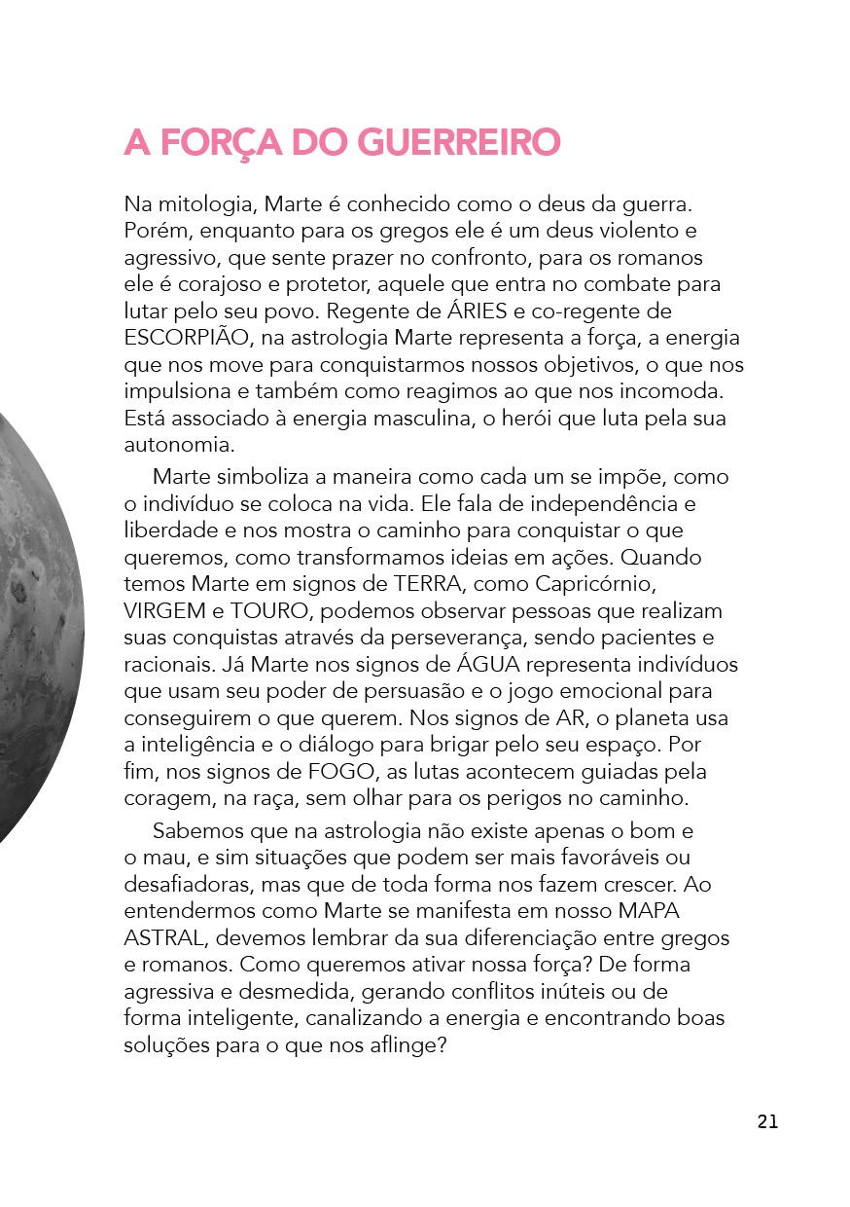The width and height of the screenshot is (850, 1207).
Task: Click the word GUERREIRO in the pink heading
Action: click(459, 142)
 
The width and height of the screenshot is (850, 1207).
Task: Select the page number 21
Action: click(767, 1121)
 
